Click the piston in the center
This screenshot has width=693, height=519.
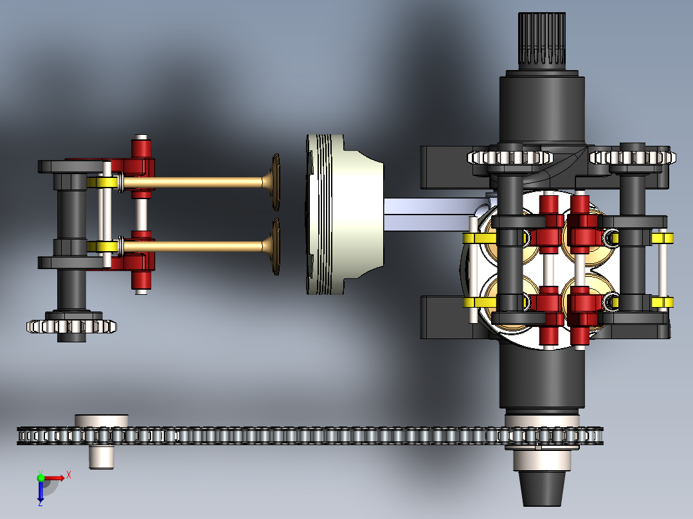tap(344, 215)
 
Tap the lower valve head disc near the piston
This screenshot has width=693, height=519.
tap(275, 247)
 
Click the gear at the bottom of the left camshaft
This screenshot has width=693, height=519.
tap(71, 326)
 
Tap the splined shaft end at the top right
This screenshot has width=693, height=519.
tap(542, 40)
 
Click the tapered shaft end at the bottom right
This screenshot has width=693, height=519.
tap(542, 488)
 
